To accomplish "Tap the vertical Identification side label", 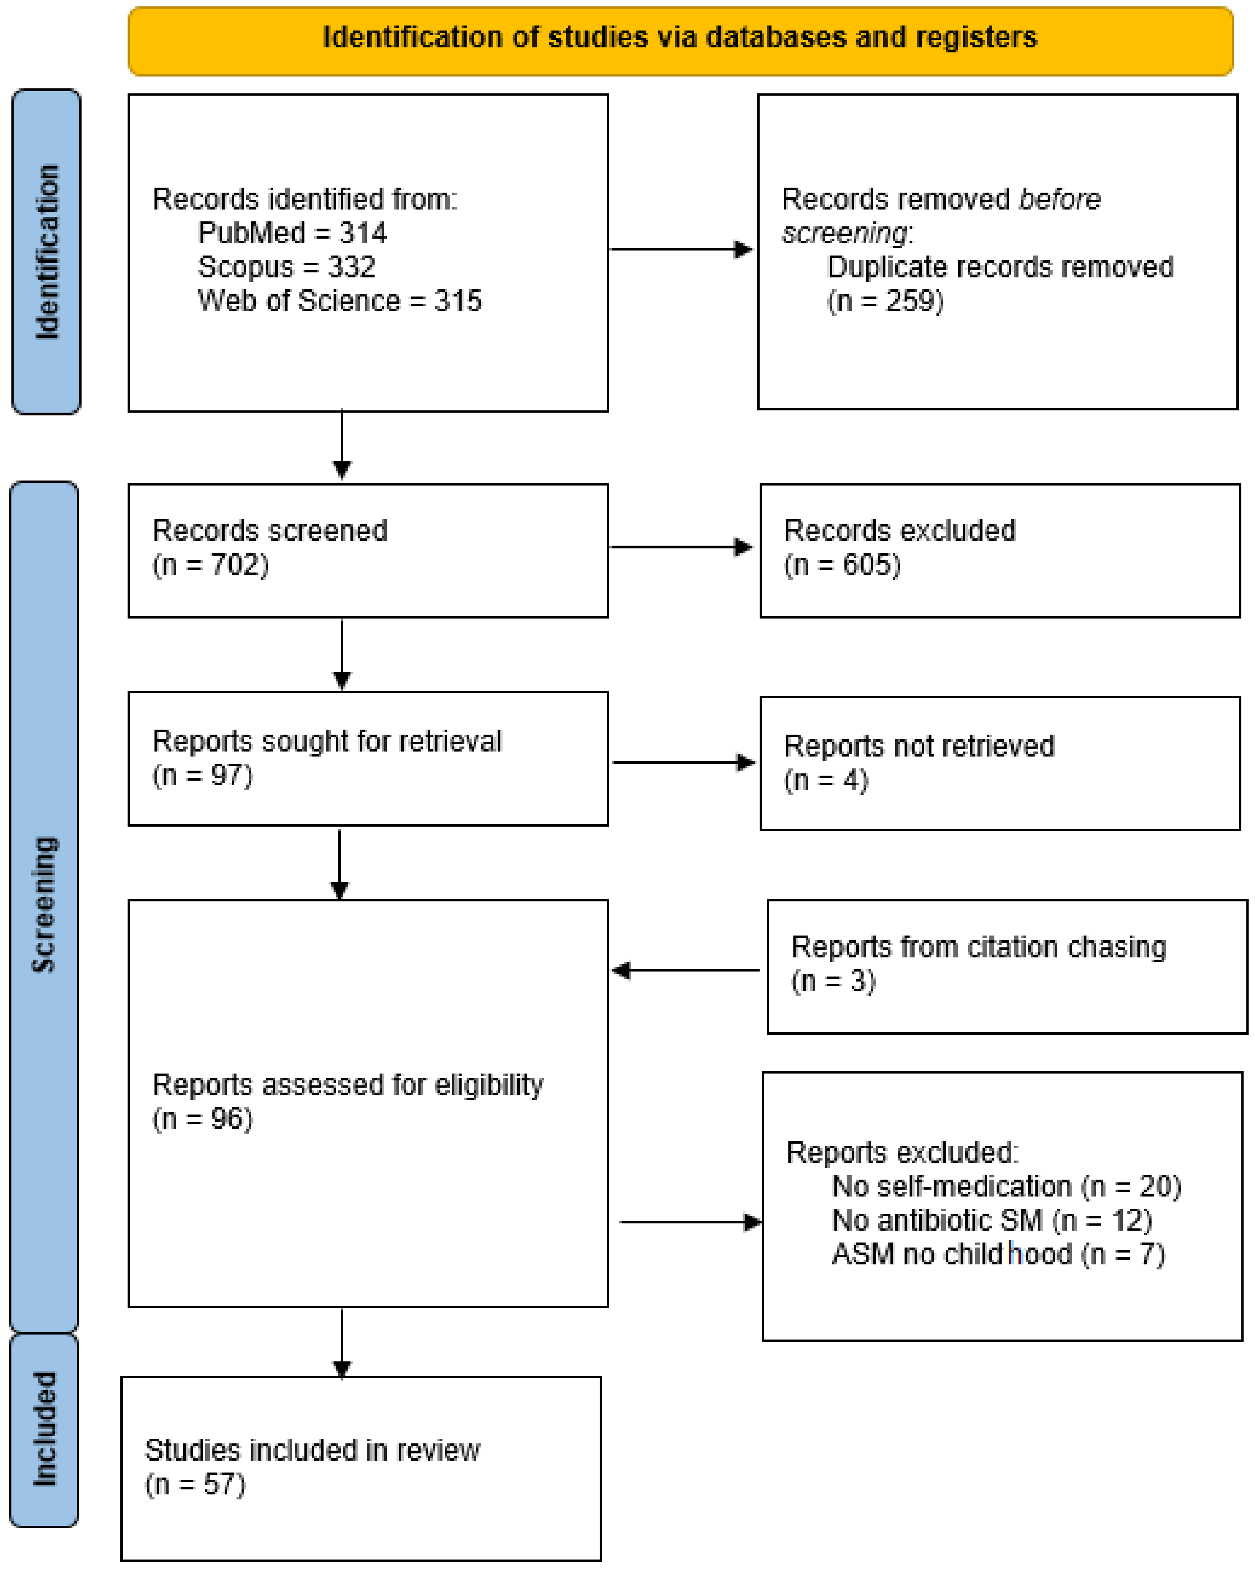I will click(46, 251).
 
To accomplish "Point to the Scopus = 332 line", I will click(286, 267).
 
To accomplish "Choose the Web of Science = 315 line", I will click(339, 301).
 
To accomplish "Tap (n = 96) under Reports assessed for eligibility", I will click(202, 1119).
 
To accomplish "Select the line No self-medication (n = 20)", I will click(1006, 1186).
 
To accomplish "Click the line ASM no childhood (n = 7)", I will click(998, 1254).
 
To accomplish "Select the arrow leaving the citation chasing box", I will click(686, 970).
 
